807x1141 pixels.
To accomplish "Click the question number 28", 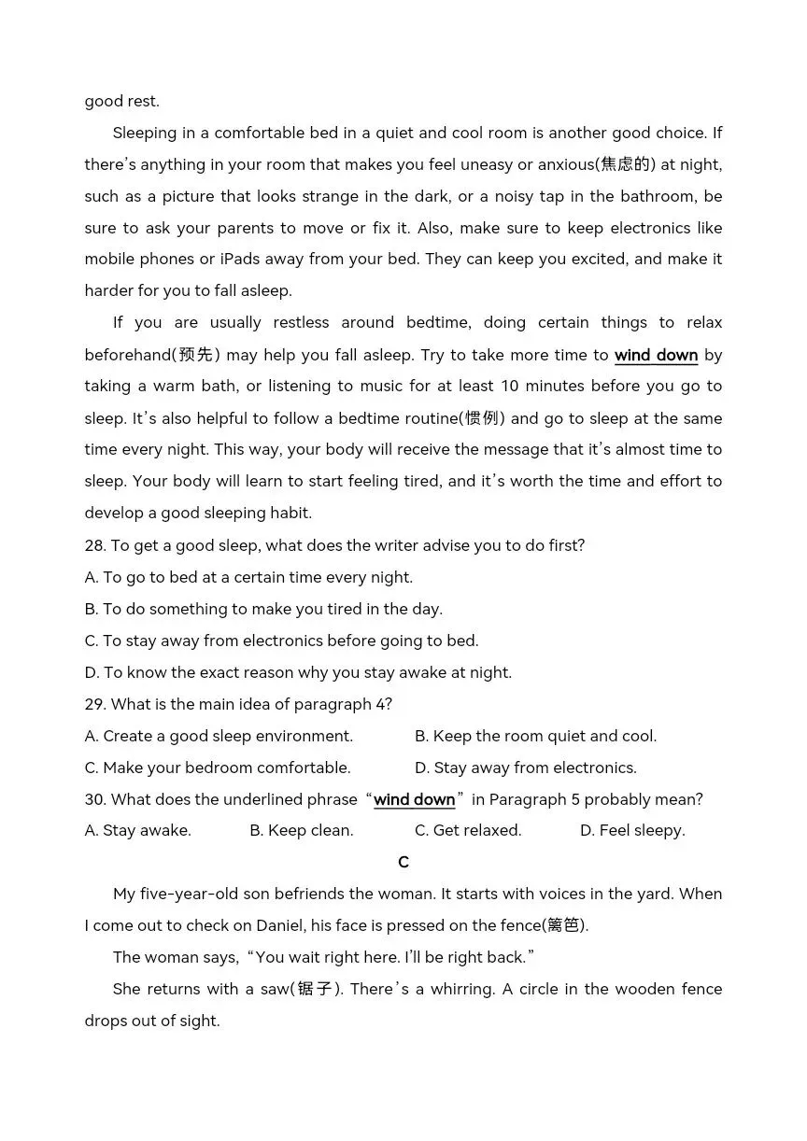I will click(x=94, y=545).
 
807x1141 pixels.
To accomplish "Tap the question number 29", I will click(x=94, y=704).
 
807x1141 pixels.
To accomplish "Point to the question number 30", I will click(x=94, y=799).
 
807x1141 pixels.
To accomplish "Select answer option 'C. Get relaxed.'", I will click(x=468, y=830).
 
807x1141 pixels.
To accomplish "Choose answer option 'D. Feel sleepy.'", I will click(x=632, y=830).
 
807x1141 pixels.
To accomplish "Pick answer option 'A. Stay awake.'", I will click(x=137, y=830).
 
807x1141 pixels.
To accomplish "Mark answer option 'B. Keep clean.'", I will click(x=302, y=830).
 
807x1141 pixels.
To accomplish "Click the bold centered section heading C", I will click(x=403, y=862).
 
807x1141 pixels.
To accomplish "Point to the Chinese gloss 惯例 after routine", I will click(x=485, y=418).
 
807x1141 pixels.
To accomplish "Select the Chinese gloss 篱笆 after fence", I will click(x=564, y=925).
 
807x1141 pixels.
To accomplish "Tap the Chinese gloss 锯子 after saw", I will click(x=316, y=989).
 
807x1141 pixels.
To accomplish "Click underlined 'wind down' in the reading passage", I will click(x=656, y=355).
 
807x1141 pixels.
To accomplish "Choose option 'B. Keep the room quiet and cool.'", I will click(x=535, y=736).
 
